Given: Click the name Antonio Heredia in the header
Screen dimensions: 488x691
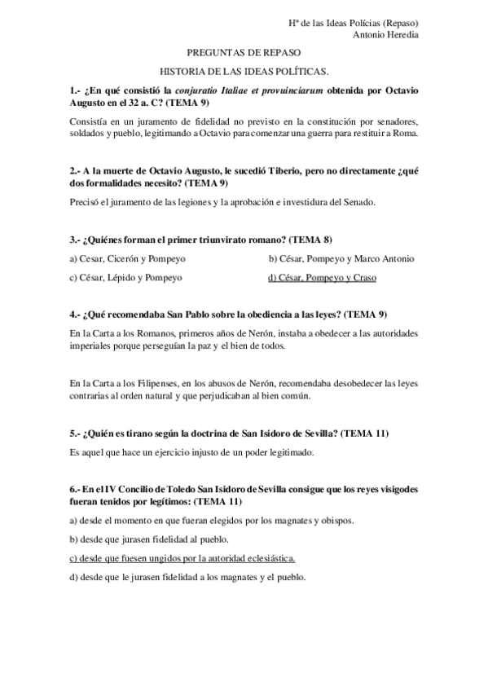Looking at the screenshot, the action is click(386, 34).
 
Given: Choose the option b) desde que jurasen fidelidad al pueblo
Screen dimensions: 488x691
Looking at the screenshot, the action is click(149, 539).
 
